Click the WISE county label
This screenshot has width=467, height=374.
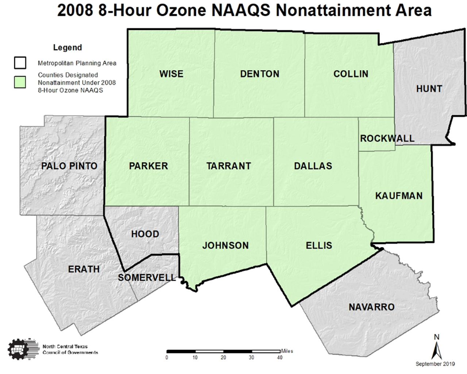pos(171,74)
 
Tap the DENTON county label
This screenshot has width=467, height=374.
pos(259,74)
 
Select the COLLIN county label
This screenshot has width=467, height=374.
pos(351,74)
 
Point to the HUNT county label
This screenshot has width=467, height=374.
pos(429,89)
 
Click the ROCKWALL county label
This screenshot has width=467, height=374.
pos(387,139)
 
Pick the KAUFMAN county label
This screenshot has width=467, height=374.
pos(399,196)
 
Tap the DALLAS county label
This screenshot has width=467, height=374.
pos(313,166)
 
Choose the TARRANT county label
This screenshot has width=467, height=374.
pos(229,166)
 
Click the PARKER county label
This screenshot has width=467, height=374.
pos(148,166)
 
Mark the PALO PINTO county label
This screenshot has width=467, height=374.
pos(69,166)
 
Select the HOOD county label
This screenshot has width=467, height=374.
pos(145,234)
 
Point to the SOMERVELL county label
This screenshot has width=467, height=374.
pos(147,278)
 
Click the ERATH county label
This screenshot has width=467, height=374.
pos(84,269)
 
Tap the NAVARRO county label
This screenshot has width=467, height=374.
pos(371,307)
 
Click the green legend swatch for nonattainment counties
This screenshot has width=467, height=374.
pos(20,82)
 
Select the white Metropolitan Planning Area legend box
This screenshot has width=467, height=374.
pos(20,63)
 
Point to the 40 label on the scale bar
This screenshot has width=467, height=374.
pos(279,357)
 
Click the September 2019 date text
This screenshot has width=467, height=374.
pos(435,364)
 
